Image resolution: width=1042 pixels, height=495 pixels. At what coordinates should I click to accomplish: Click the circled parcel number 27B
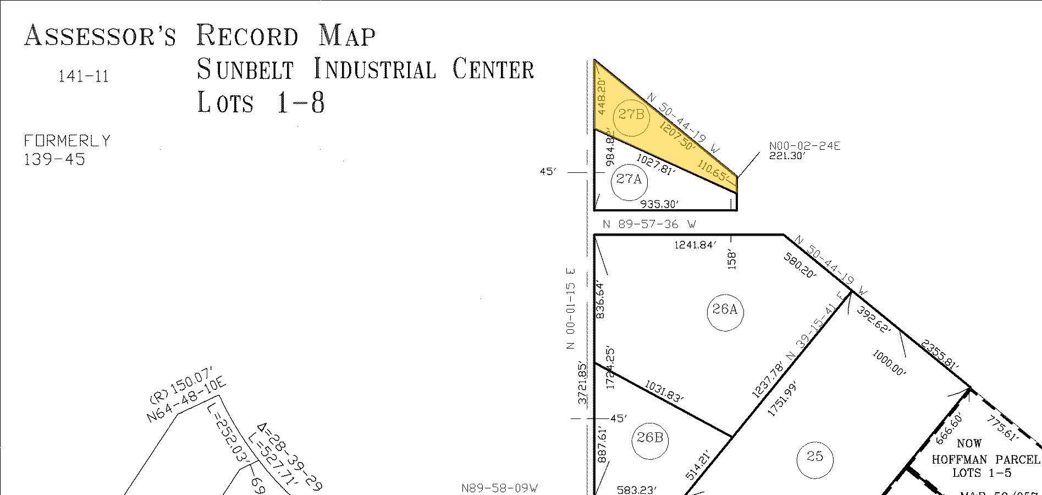(x=631, y=115)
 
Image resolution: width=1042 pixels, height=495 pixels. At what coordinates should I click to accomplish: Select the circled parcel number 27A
(x=629, y=179)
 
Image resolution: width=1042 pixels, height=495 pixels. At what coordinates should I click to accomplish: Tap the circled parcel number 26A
(x=725, y=310)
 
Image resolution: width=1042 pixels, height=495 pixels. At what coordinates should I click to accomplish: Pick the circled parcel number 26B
(x=650, y=438)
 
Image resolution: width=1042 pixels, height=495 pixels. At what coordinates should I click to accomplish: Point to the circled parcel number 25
(x=814, y=456)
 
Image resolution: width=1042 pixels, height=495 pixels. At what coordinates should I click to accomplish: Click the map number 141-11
(x=84, y=77)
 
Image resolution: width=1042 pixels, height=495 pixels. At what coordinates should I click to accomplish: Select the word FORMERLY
(x=67, y=142)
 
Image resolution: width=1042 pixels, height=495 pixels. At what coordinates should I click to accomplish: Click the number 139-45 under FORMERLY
(x=54, y=160)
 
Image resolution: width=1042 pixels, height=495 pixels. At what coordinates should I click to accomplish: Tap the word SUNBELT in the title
(x=245, y=70)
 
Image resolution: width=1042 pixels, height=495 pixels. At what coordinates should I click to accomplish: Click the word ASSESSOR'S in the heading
(x=100, y=36)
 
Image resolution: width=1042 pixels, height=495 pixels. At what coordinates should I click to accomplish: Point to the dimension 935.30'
(x=660, y=204)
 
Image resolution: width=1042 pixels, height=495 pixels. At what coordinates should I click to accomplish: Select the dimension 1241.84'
(x=696, y=245)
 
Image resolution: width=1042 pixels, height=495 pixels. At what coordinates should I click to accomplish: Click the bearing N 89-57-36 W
(x=649, y=225)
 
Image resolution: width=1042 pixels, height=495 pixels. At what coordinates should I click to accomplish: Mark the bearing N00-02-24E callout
(x=804, y=146)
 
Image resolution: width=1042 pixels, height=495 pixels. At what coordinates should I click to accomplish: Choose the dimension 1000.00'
(x=889, y=363)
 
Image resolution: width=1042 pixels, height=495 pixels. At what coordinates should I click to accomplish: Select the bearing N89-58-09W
(x=499, y=488)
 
